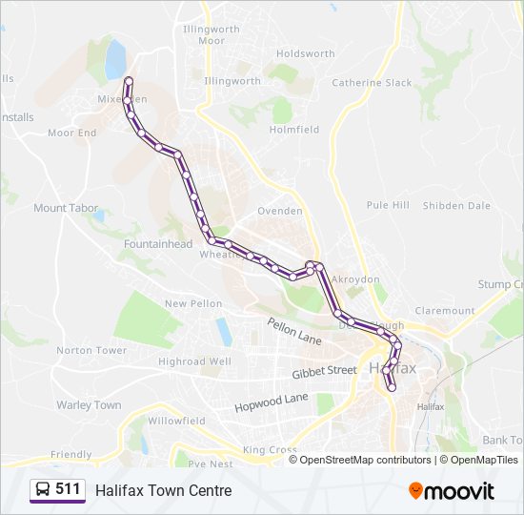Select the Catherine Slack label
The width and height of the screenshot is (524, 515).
[372, 83]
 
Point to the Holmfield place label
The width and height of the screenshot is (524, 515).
[294, 130]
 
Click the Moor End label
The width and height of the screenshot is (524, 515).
[72, 133]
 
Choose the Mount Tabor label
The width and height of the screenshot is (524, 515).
[65, 208]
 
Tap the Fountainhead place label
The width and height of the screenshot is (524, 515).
[158, 244]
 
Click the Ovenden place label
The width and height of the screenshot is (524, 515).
[280, 211]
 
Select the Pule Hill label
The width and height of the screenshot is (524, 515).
[388, 205]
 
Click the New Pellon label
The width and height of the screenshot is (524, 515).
[193, 303]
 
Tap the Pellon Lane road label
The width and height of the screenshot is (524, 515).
[294, 332]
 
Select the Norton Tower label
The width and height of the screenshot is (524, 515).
[91, 350]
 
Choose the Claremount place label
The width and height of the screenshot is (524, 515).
[444, 311]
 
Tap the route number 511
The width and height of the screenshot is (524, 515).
[69, 489]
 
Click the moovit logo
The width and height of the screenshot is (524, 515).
[452, 491]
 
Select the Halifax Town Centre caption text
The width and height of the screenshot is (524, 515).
[163, 490]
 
